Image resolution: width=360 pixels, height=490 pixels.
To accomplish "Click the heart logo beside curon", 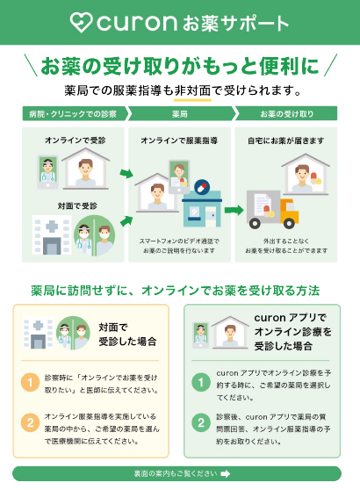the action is point(82,22).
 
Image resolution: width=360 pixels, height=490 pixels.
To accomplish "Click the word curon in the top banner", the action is point(137,23).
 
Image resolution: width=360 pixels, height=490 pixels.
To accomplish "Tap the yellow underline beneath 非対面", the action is point(192,100).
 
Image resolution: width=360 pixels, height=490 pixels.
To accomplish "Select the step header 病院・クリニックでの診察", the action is point(75,113).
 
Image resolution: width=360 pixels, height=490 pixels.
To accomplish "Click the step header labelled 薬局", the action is point(181,113).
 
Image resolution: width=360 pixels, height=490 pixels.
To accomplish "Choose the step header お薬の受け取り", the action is point(286,113).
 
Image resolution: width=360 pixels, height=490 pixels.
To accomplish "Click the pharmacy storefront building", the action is point(202,208).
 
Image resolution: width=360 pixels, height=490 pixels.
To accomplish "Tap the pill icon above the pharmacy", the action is point(202,187).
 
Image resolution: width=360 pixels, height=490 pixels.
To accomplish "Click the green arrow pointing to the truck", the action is point(234,210).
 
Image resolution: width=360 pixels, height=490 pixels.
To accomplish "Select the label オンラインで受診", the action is point(75,141).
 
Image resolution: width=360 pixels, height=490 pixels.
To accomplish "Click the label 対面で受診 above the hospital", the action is point(77,206).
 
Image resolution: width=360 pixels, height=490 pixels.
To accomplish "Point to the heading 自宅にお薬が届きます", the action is point(286,141).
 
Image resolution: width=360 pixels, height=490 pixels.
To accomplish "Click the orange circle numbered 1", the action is point(30,382).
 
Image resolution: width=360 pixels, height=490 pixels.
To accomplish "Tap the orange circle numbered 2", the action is point(30,422).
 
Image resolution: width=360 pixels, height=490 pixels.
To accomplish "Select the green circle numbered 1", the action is point(201,382).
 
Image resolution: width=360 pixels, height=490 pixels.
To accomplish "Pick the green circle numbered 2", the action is point(201,422).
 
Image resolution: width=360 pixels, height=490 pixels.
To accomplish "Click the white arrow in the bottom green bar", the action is point(226,473).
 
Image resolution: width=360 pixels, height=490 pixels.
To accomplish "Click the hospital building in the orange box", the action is point(38,333).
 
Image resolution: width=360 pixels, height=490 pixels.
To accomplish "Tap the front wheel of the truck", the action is point(289,223).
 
